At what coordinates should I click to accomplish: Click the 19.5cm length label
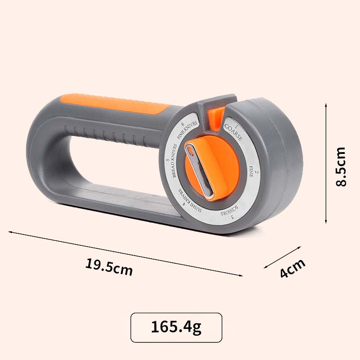[109, 268]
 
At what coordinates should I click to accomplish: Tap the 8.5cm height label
[340, 166]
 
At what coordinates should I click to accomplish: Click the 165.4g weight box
[176, 327]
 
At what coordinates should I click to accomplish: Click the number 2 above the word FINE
[256, 173]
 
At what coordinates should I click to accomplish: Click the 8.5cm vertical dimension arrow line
[325, 162]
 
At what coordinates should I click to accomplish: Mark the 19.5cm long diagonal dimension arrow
[126, 253]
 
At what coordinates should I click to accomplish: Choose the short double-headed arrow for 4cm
[282, 257]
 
